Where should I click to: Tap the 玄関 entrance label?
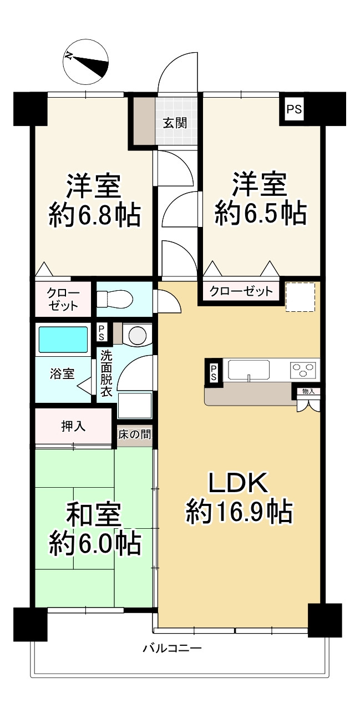[174, 123]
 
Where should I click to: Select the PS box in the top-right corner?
[294, 110]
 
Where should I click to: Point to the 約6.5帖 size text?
[260, 214]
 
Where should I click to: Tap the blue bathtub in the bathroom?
[62, 341]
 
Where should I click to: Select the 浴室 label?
[62, 373]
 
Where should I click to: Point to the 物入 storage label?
[308, 392]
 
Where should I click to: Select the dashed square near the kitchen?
[300, 297]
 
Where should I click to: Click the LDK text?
[239, 483]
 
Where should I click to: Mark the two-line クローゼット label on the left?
[63, 300]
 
